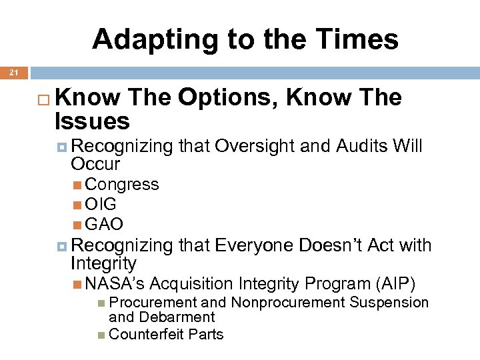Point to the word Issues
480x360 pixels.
(94, 121)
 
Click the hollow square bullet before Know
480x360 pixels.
(45, 99)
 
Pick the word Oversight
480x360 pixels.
(255, 146)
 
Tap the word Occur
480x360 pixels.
(95, 163)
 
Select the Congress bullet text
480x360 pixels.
(122, 185)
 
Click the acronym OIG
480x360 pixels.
(101, 205)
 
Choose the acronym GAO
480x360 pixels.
(104, 225)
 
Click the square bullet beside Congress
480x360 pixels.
(79, 185)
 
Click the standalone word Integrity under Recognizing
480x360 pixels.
(103, 263)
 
